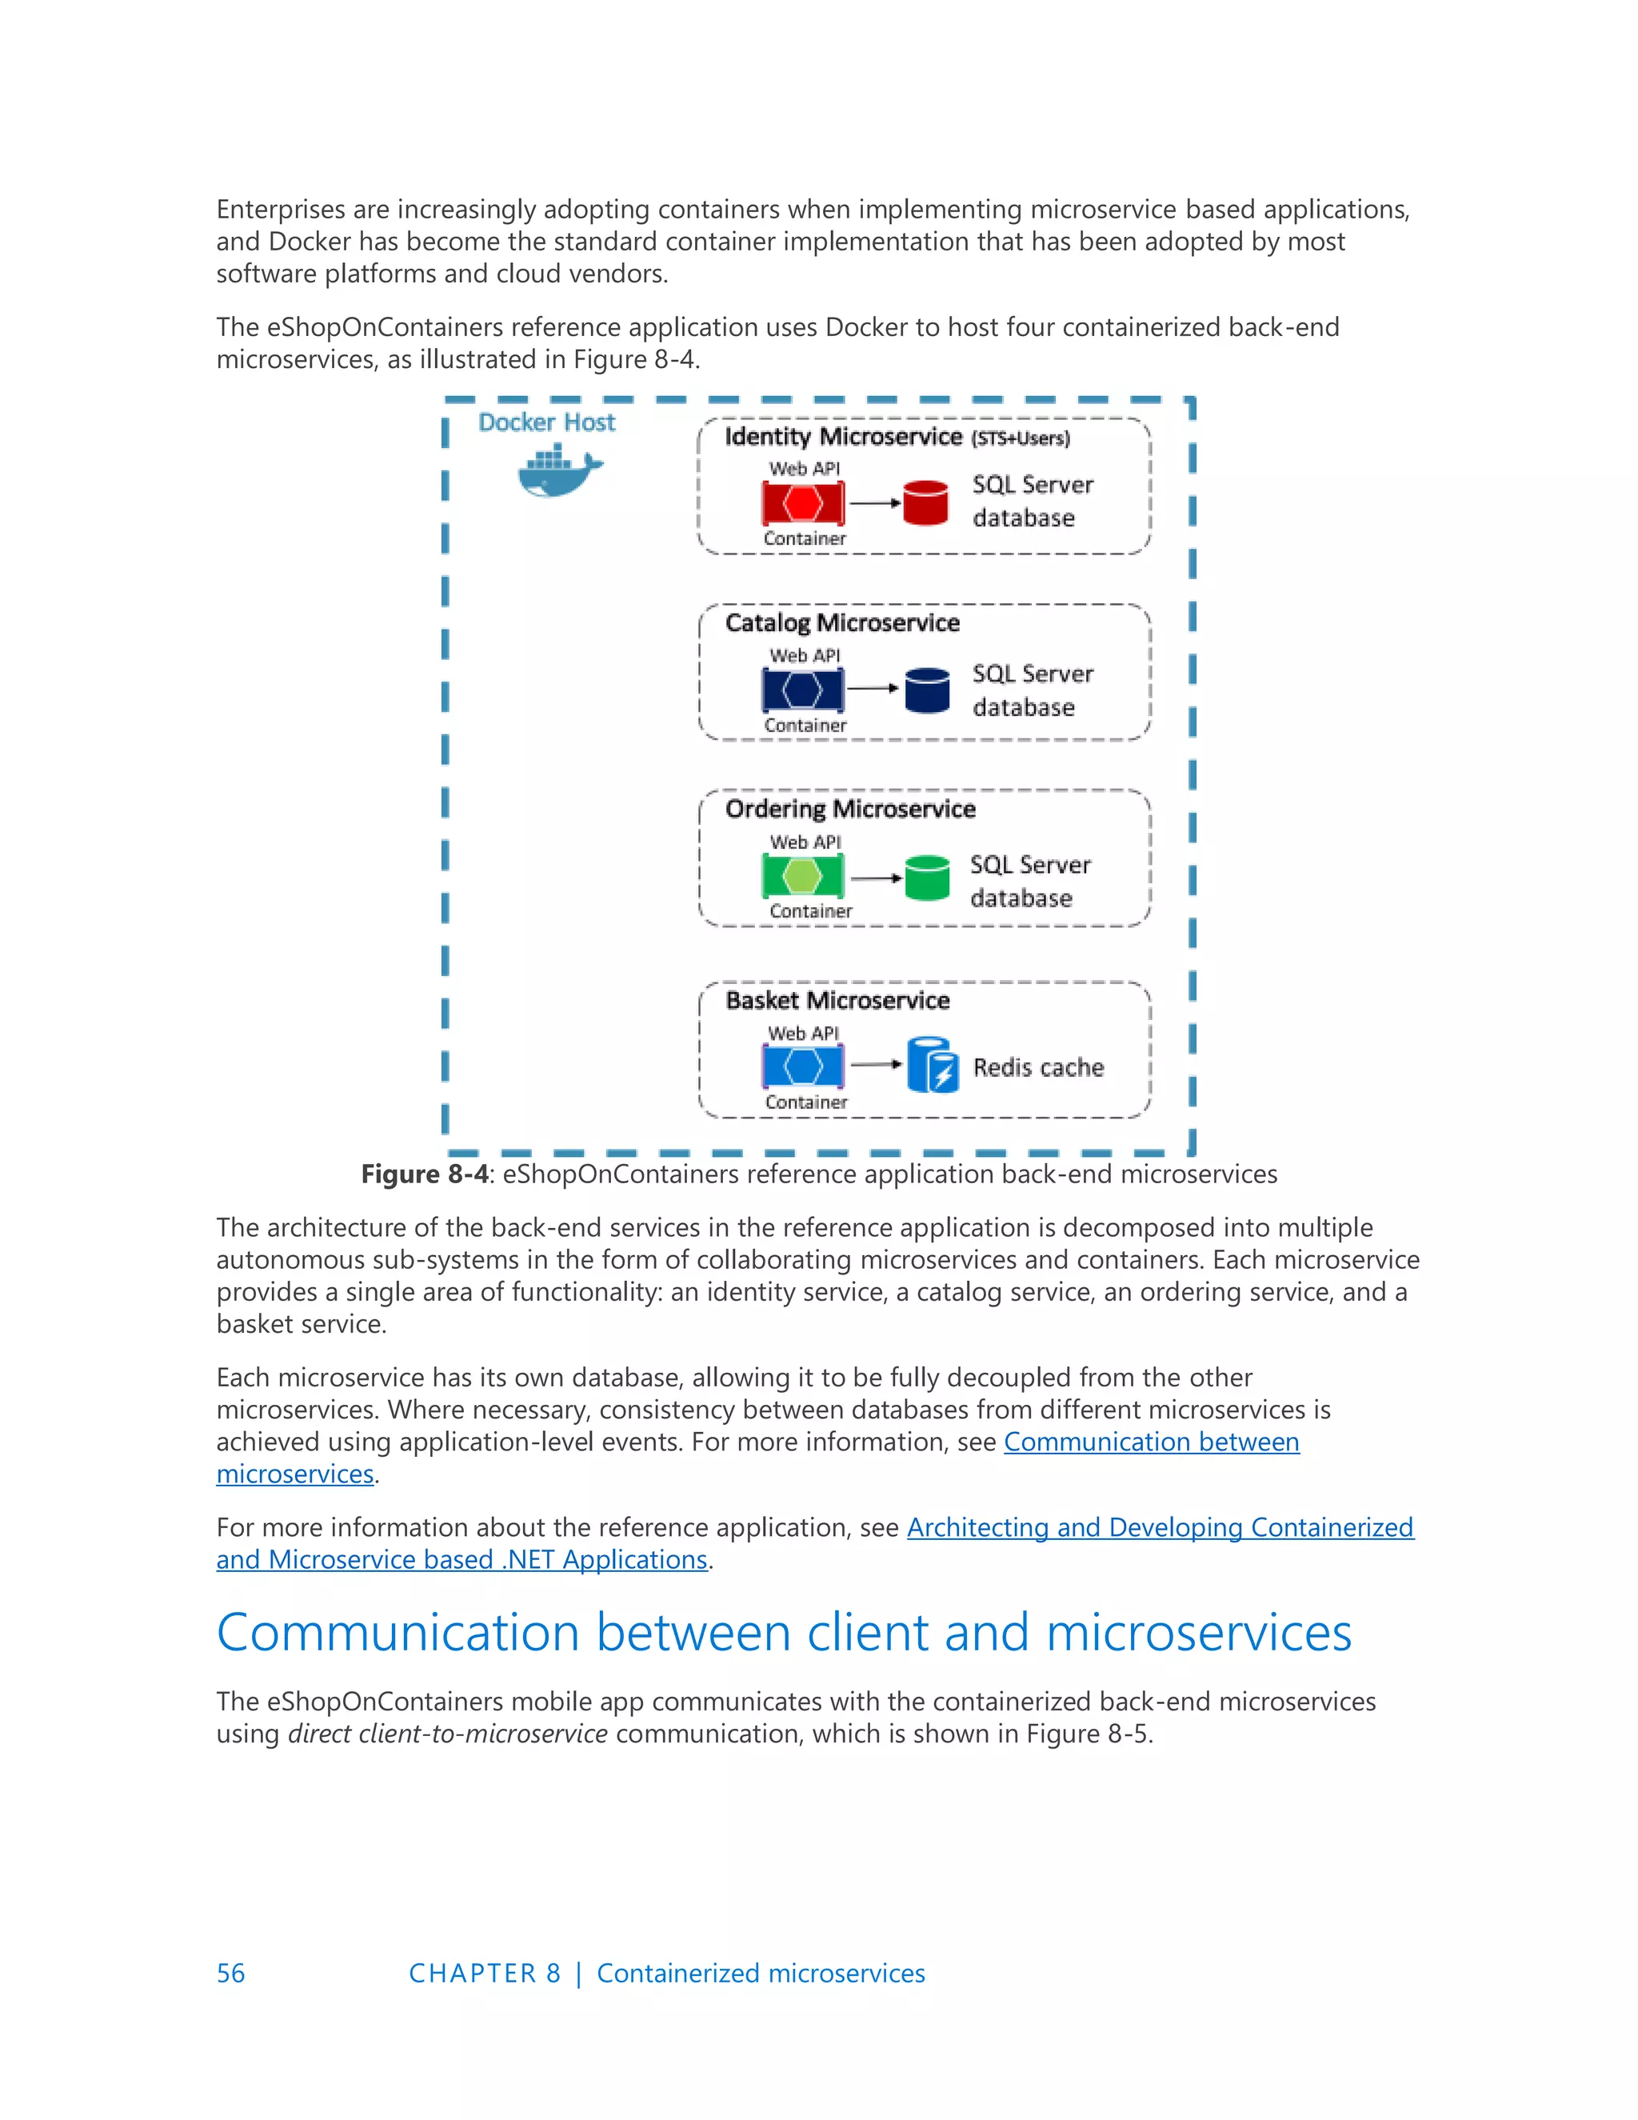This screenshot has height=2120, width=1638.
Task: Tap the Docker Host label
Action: coord(546,422)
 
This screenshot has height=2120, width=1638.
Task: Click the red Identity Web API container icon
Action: coord(802,503)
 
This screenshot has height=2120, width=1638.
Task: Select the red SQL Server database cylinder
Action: coord(925,503)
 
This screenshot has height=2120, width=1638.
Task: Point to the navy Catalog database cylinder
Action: coord(927,690)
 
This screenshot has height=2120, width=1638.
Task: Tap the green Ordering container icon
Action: coord(802,877)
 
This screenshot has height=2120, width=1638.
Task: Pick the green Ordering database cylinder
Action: coord(927,878)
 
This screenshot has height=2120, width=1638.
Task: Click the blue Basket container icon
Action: coord(802,1066)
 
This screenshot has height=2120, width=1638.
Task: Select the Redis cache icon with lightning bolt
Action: coord(933,1065)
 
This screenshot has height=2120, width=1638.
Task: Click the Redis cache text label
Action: coord(1038,1068)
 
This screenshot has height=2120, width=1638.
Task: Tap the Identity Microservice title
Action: coord(842,437)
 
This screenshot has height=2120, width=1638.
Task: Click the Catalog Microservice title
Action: coord(841,622)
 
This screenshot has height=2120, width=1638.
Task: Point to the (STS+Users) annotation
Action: coord(1020,438)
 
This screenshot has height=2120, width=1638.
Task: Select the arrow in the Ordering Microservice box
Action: coord(877,878)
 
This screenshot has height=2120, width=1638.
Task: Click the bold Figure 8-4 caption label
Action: coord(424,1174)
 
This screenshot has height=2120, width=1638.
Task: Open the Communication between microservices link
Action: coord(1151,1442)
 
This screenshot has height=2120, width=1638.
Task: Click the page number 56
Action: coord(230,1974)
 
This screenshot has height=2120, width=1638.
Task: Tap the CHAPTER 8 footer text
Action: coord(484,1974)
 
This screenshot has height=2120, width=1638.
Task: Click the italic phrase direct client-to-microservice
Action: coord(447,1734)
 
